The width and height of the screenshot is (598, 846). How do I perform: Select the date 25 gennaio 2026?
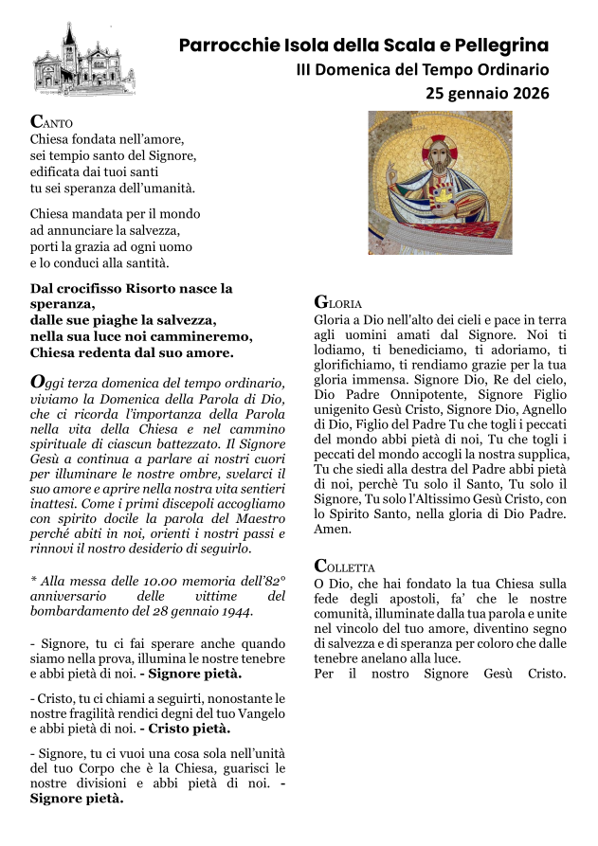(487, 93)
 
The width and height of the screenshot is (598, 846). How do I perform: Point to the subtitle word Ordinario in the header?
(507, 69)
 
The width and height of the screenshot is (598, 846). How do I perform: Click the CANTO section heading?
(51, 122)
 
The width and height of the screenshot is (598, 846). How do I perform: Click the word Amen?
(331, 532)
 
